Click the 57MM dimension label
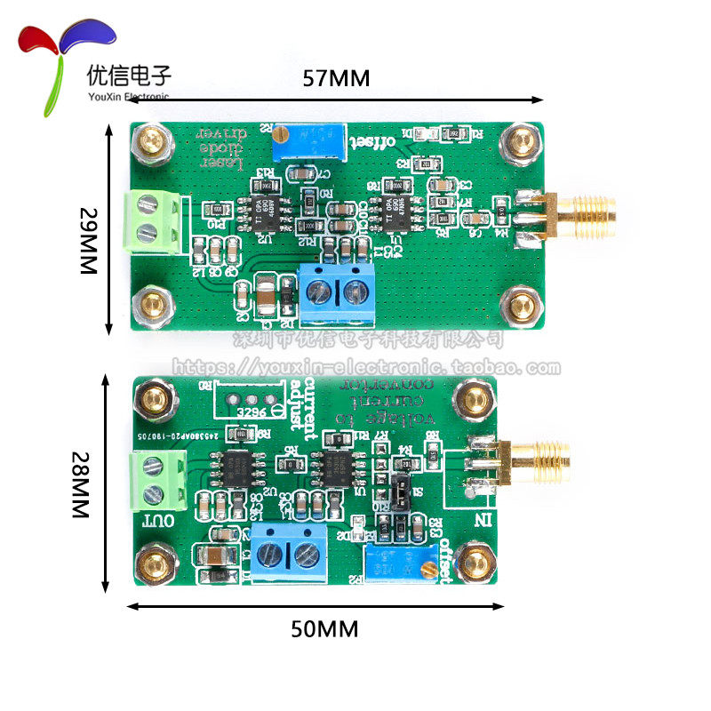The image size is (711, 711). tap(335, 77)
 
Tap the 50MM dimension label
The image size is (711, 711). tap(324, 629)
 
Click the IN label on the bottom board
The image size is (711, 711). tap(485, 518)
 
